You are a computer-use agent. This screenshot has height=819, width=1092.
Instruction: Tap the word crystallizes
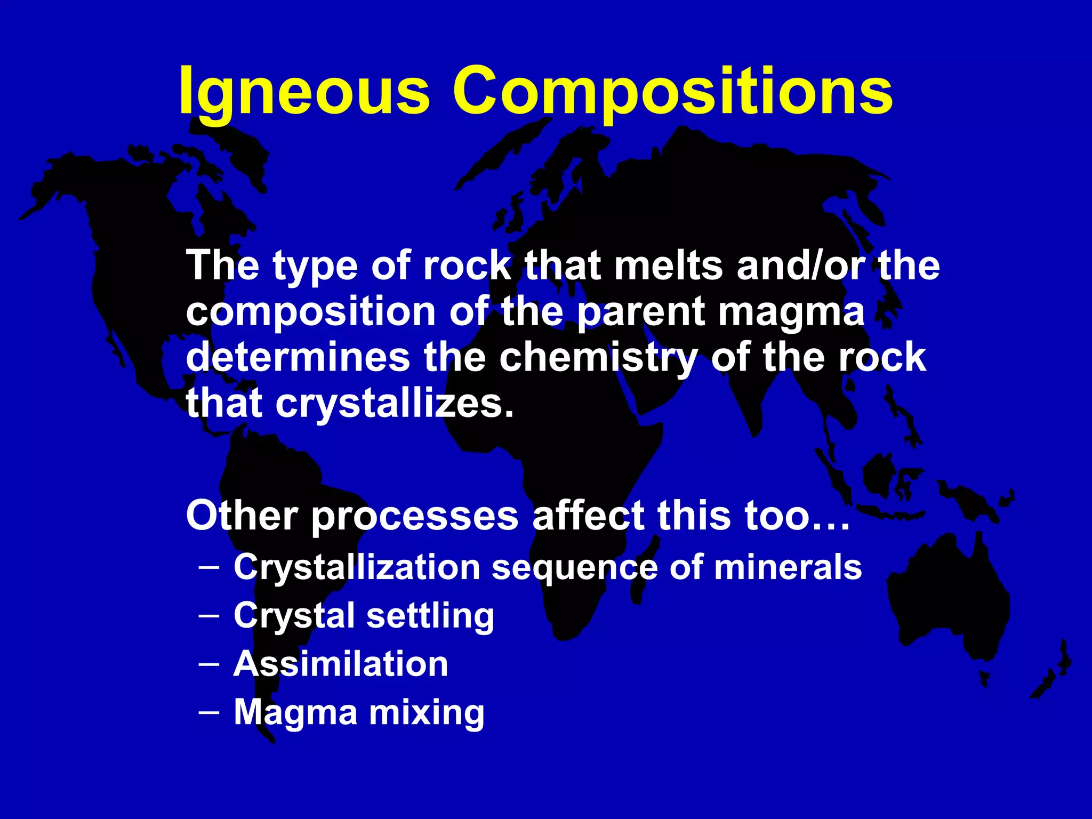[395, 404]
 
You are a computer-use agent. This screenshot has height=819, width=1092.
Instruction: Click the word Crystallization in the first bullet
[357, 567]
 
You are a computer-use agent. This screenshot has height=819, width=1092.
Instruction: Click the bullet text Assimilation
[341, 664]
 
